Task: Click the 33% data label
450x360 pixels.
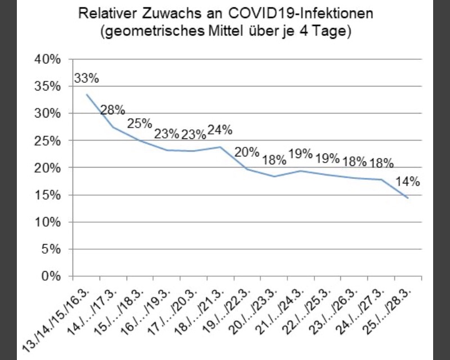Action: click(x=87, y=79)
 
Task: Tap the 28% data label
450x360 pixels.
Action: click(x=112, y=110)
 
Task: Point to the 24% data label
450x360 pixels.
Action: click(x=220, y=130)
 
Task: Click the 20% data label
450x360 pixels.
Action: click(x=247, y=151)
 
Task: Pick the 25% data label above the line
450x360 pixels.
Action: click(x=138, y=123)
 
